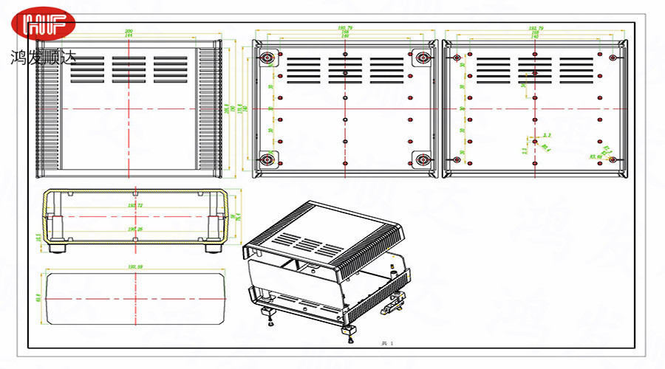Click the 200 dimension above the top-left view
click(x=129, y=30)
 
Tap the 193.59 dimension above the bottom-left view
click(x=134, y=267)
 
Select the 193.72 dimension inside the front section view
click(x=135, y=205)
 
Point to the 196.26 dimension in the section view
click(x=135, y=229)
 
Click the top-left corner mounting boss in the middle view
click(x=267, y=58)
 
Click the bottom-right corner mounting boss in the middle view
click(x=422, y=159)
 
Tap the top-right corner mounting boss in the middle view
click(x=422, y=58)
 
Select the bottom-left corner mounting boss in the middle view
click(x=267, y=159)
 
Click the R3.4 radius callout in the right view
click(x=546, y=147)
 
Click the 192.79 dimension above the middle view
click(x=344, y=28)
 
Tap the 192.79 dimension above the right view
click(x=536, y=28)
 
